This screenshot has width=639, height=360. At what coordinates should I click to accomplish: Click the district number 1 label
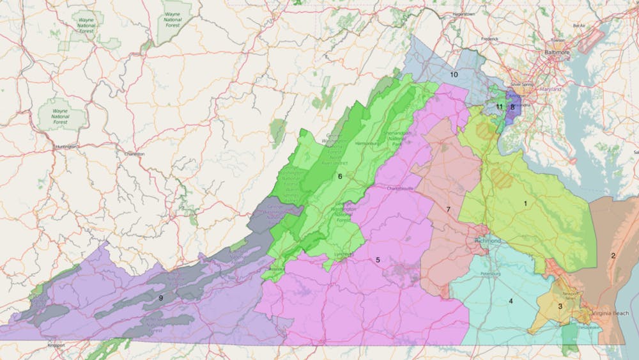click(525, 203)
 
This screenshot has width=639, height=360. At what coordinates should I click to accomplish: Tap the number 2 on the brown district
click(613, 256)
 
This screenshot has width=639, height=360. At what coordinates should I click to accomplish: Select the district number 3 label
click(560, 306)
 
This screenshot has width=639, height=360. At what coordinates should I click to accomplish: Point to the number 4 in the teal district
click(511, 301)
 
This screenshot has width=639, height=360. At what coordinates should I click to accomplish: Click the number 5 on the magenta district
click(378, 260)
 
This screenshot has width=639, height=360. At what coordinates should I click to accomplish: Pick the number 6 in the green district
click(340, 176)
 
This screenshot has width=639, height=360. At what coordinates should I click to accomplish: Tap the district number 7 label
click(449, 210)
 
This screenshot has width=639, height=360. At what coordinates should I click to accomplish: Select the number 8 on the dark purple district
click(512, 107)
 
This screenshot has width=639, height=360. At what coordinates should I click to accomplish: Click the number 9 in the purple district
click(161, 297)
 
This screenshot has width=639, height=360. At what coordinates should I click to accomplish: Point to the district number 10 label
click(454, 75)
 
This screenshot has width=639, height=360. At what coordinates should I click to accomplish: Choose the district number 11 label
click(500, 106)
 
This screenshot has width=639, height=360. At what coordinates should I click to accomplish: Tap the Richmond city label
click(488, 240)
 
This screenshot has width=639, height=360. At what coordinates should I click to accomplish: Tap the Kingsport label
click(56, 346)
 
